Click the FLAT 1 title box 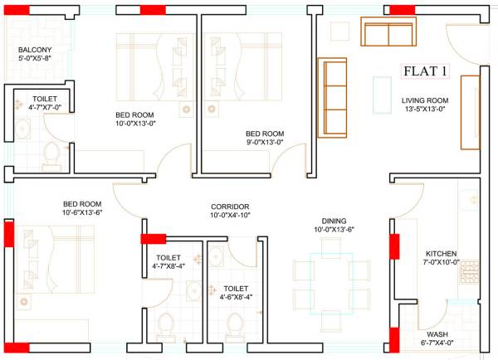coord(425,71)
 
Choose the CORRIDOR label coord(230,207)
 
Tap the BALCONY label coord(35,50)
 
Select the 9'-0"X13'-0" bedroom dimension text coord(264,142)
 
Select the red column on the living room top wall coord(403,9)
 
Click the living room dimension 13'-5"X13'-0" coord(425,109)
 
